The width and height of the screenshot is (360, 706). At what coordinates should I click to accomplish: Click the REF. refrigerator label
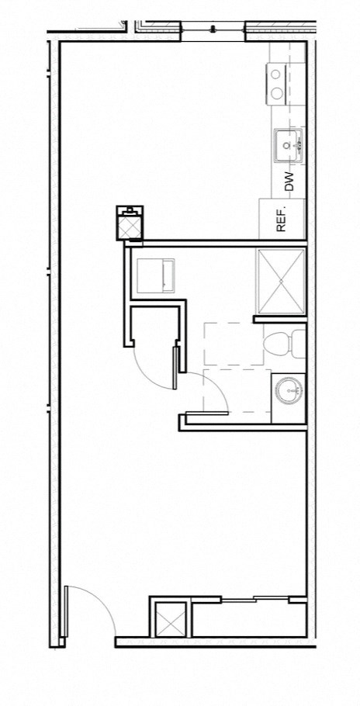click(x=282, y=220)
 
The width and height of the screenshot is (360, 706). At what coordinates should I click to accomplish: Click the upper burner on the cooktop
click(x=276, y=74)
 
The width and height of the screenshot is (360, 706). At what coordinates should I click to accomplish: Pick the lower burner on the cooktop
click(x=276, y=94)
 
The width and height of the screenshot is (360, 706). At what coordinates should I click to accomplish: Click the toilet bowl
click(x=276, y=343)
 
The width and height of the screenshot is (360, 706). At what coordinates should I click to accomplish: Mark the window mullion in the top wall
click(x=213, y=30)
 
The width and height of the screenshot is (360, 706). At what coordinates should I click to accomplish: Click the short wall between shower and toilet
click(x=279, y=318)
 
